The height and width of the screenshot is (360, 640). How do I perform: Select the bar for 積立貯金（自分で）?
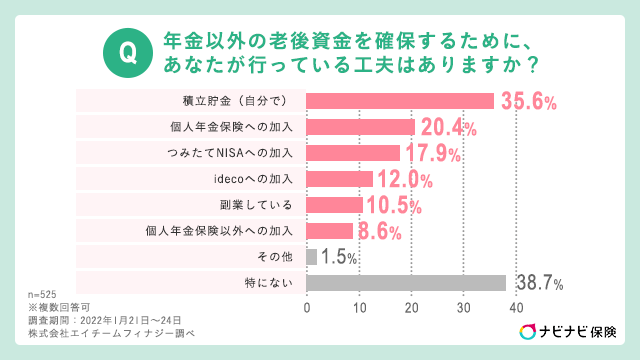click(400, 101)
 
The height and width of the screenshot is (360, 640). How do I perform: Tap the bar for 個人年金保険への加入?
click(360, 127)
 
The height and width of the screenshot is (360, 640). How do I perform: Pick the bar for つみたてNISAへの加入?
click(352, 153)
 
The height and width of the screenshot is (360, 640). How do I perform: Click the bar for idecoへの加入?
click(339, 179)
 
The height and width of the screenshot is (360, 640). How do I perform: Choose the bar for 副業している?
click(334, 205)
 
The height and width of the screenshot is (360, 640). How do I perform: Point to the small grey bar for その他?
click(311, 257)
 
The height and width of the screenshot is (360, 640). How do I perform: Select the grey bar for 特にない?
click(406, 283)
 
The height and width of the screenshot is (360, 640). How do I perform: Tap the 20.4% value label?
click(448, 127)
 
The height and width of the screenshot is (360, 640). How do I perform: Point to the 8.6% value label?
click(381, 232)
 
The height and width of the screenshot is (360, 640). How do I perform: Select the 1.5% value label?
click(340, 258)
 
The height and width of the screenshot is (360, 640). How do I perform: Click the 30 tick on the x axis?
click(463, 307)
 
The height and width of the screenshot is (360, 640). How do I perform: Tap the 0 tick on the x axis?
click(306, 307)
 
